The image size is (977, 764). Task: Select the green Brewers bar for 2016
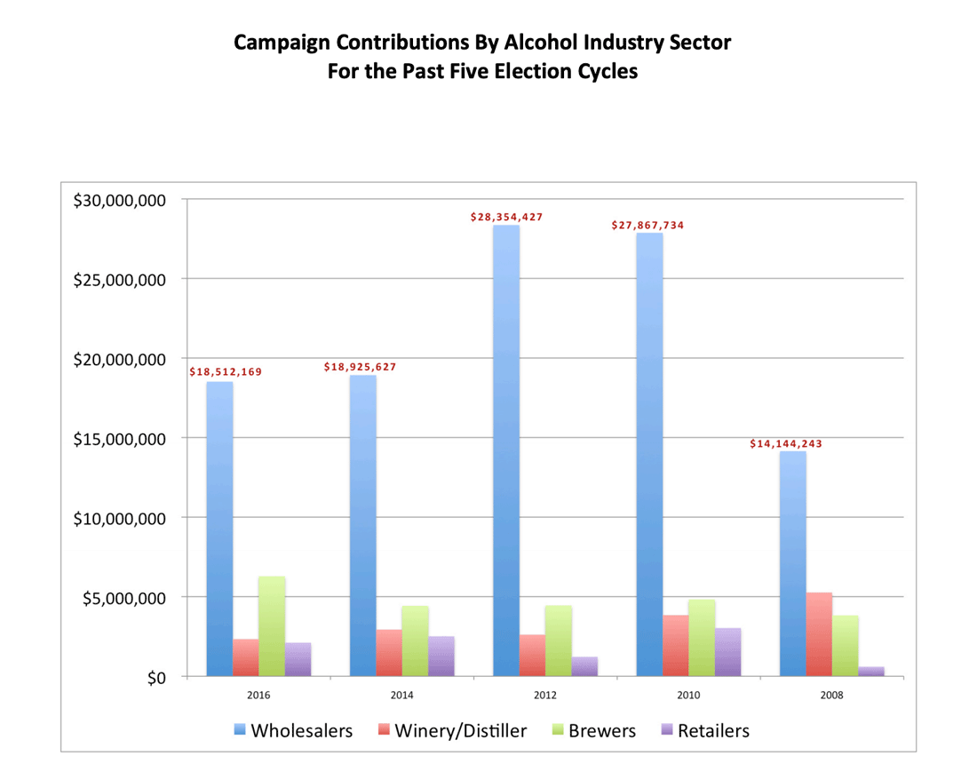(x=272, y=626)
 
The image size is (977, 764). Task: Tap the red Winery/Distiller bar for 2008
(x=819, y=634)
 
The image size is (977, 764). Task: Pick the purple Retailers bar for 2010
(x=727, y=652)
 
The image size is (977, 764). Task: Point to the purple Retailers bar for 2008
(x=870, y=672)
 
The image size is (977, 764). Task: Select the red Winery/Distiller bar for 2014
(x=389, y=653)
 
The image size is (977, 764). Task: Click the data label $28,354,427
(x=506, y=217)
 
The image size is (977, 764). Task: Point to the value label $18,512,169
(x=226, y=371)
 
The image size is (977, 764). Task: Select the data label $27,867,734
(x=647, y=225)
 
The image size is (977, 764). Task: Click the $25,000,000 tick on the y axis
(x=119, y=280)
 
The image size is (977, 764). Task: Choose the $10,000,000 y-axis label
(x=119, y=519)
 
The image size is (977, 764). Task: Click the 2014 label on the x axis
(x=401, y=696)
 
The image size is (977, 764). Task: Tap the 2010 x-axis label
(x=688, y=696)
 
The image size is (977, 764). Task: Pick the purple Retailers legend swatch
(x=666, y=731)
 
